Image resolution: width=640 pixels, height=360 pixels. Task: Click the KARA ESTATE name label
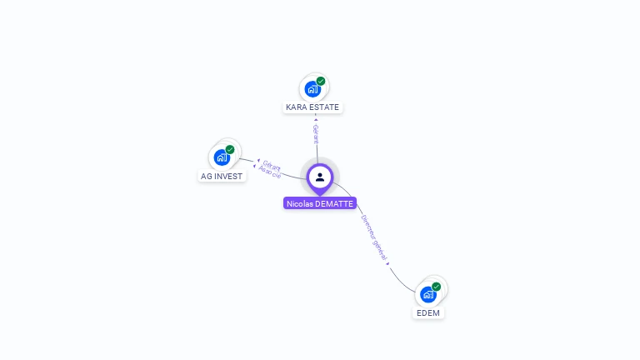(312, 107)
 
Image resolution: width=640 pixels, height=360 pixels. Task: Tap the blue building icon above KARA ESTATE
(312, 89)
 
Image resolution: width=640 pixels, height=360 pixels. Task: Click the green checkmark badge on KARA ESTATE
(321, 82)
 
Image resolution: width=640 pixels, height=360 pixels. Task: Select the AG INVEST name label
(222, 177)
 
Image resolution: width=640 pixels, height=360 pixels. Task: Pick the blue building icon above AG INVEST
(222, 157)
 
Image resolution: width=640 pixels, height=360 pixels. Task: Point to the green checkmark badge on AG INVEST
(230, 150)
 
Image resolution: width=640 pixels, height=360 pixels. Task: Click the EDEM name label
(428, 313)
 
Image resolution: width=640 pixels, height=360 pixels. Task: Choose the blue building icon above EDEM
(428, 294)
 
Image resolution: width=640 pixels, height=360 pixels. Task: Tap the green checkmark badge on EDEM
(437, 287)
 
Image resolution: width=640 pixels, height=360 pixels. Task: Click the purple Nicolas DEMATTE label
(320, 203)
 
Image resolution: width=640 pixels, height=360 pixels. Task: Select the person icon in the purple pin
(320, 177)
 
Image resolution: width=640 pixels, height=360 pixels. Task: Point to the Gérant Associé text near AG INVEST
(271, 168)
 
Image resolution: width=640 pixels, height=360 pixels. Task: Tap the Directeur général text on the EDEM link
(374, 238)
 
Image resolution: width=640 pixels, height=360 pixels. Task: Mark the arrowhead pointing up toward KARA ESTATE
(316, 118)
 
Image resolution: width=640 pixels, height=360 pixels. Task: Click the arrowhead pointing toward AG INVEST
(258, 161)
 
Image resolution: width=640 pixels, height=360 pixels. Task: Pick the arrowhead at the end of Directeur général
(388, 263)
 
